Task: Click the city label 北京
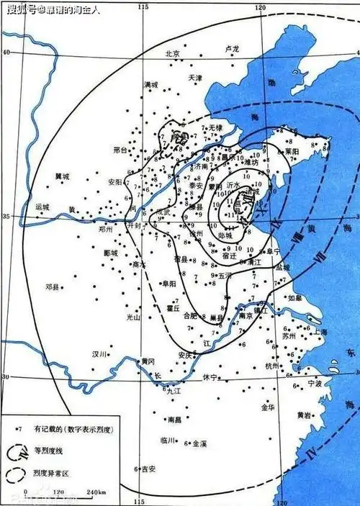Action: pos(171,53)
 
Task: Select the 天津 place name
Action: pos(195,77)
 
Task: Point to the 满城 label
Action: pos(150,85)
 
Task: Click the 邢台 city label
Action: pos(120,150)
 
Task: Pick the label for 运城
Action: pos(42,207)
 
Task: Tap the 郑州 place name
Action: pos(107,228)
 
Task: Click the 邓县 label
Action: pos(53,286)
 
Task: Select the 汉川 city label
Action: pos(99,353)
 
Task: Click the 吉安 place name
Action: pos(148,469)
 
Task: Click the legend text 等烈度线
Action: pos(50,451)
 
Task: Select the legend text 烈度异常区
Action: pos(53,474)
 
